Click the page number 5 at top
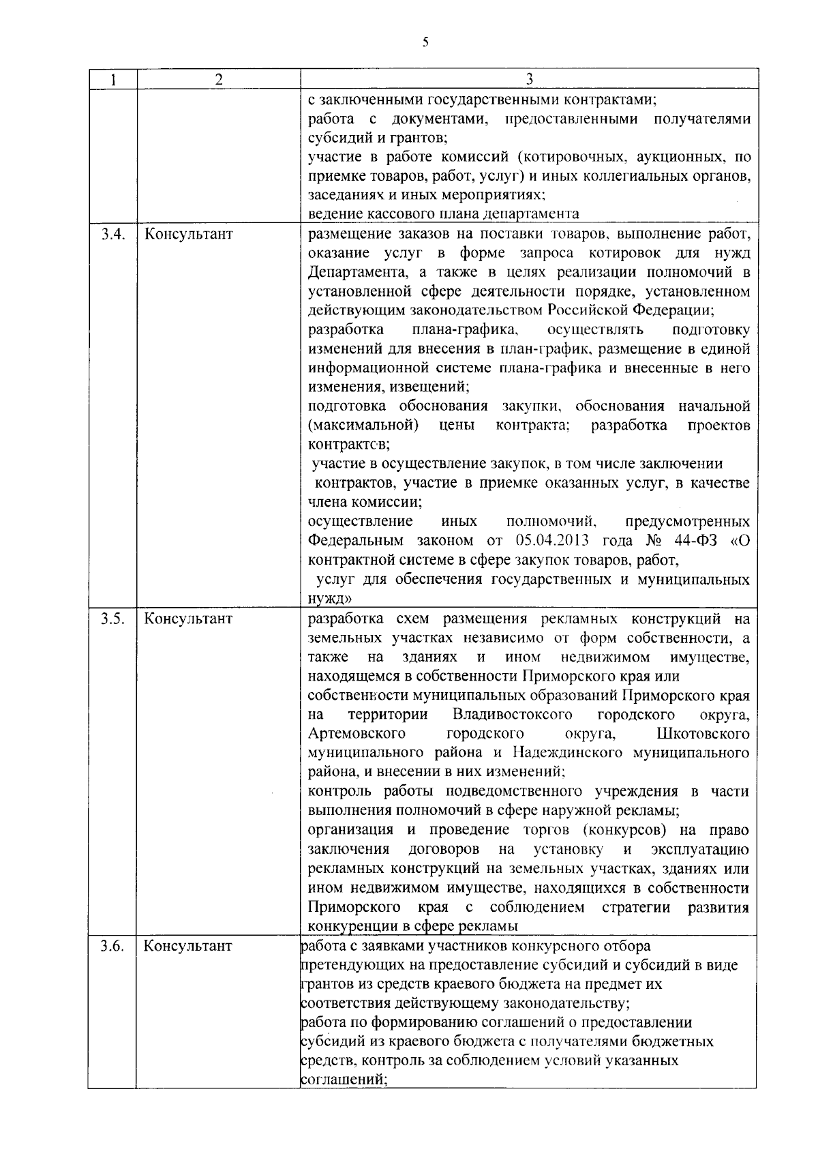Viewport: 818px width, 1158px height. pyautogui.click(x=425, y=42)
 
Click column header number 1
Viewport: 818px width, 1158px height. pyautogui.click(x=112, y=79)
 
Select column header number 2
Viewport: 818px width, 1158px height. pyautogui.click(x=219, y=79)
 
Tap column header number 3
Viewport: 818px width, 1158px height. pyautogui.click(x=529, y=79)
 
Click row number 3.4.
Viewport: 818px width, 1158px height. pyautogui.click(x=112, y=235)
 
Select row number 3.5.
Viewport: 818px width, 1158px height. pyautogui.click(x=112, y=619)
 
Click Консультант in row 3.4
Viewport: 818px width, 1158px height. pyautogui.click(x=188, y=235)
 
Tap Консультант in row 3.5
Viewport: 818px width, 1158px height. pyautogui.click(x=188, y=619)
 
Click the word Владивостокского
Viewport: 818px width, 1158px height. pyautogui.click(x=512, y=715)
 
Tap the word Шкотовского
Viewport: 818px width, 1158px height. pyautogui.click(x=703, y=734)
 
